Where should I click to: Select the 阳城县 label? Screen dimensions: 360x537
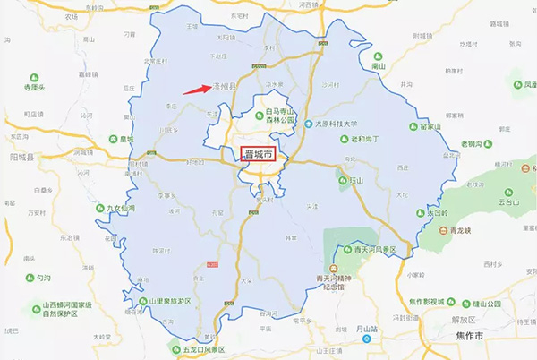pos(21,155)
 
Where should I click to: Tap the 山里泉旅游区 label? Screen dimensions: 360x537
pos(170,302)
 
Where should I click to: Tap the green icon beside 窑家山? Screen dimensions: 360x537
pos(412,128)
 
